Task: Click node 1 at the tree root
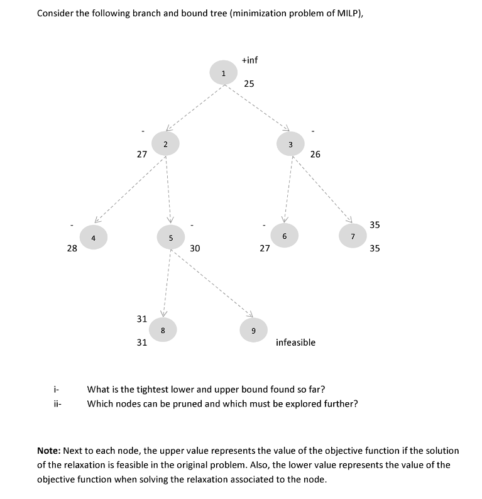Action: click(x=222, y=74)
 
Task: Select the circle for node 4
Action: click(x=93, y=238)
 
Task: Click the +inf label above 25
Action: click(x=249, y=60)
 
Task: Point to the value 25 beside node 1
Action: click(x=249, y=84)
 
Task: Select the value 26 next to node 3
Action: click(x=315, y=154)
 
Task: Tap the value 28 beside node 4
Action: click(x=72, y=248)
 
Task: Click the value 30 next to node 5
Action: click(x=195, y=248)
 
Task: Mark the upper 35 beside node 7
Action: click(x=375, y=225)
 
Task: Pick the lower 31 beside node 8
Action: click(x=142, y=343)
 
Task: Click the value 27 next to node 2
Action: click(x=142, y=154)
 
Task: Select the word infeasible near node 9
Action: click(x=295, y=343)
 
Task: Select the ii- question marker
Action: click(x=57, y=403)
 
